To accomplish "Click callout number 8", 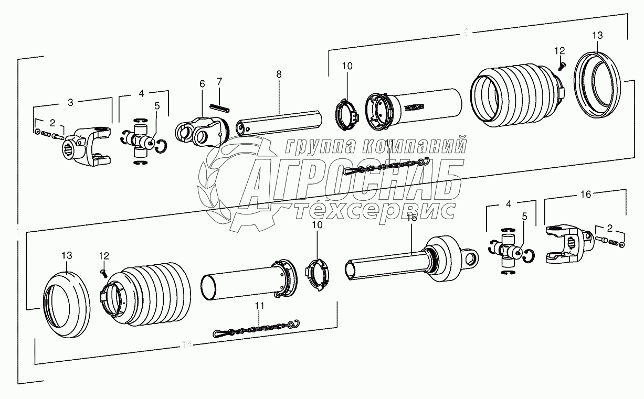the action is (279, 75).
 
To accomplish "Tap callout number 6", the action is (202, 84).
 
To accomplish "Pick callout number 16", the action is (585, 194).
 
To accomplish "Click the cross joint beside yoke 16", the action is (508, 249).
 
